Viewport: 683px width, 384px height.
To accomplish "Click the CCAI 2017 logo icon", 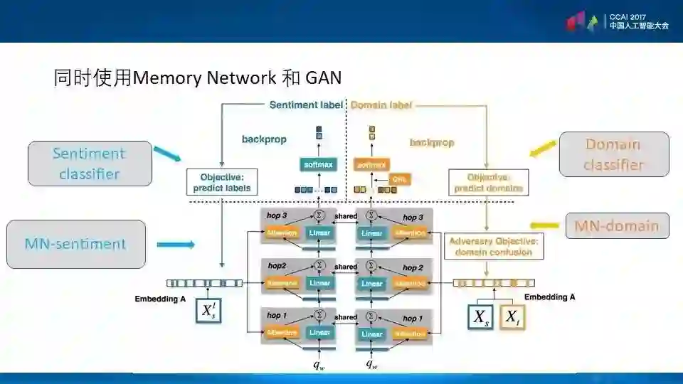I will coord(582,21).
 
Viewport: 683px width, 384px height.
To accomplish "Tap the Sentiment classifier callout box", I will coord(89,164).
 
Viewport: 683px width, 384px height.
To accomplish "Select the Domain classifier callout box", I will coord(614,154).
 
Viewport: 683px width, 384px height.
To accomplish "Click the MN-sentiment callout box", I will coord(75,244).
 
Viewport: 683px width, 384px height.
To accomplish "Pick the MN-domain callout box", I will coord(617,226).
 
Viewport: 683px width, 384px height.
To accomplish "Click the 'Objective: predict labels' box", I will coord(221,183).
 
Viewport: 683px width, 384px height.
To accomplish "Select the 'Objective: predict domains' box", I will coord(488,183).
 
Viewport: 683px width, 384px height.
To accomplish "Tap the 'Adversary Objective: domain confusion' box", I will coord(492,247).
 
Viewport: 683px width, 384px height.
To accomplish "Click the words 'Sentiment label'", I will coord(306,105).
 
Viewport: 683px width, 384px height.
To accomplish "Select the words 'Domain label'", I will coord(381,105).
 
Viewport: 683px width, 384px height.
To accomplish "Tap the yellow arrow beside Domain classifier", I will coord(543,148).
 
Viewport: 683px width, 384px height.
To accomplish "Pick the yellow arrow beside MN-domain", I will coord(546,225).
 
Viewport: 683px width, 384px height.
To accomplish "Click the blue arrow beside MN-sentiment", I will coord(175,245).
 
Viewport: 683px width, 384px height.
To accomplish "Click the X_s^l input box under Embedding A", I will coord(208,311).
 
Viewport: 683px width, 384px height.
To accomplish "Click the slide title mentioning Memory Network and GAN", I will coord(198,78).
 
